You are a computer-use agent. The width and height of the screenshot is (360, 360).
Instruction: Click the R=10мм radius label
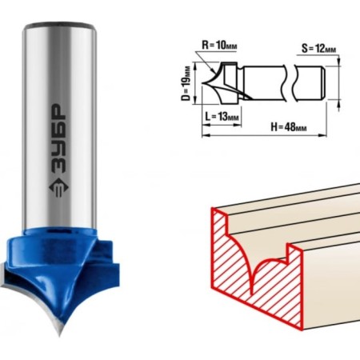(219, 45)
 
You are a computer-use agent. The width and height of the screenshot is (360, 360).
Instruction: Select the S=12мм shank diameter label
(318, 49)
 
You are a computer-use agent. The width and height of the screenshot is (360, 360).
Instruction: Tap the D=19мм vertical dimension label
(186, 83)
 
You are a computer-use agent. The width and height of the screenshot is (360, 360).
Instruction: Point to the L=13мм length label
(222, 116)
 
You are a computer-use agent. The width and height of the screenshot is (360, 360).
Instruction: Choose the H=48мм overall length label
(289, 127)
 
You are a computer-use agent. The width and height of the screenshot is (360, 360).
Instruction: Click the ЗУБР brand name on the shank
(58, 138)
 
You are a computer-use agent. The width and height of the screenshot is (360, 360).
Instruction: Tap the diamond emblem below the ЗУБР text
(58, 187)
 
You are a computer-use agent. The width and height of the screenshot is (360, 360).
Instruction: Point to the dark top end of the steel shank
(59, 26)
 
